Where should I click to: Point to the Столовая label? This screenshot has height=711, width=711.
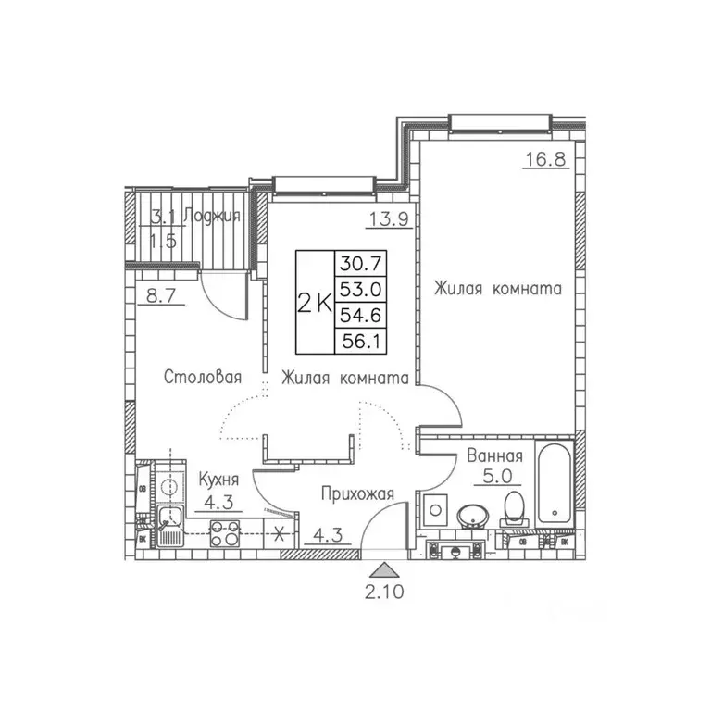203,377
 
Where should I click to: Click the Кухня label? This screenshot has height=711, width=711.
218,480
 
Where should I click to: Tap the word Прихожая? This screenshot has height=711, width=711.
357,494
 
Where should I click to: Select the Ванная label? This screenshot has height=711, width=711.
495,456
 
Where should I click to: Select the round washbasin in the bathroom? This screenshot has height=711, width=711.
475,514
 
